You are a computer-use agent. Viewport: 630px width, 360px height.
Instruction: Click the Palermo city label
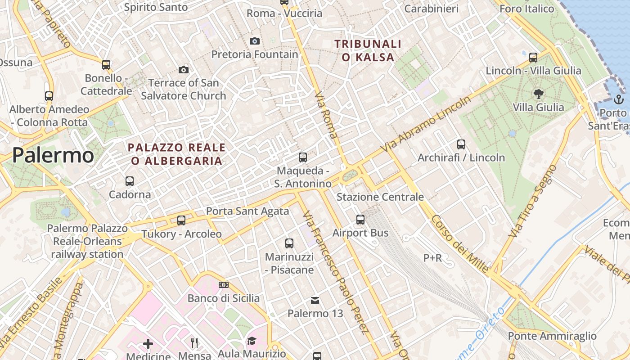(53, 155)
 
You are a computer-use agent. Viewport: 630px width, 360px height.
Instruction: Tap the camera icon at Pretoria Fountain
(255, 41)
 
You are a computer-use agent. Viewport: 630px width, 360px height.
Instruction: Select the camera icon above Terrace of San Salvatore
(183, 70)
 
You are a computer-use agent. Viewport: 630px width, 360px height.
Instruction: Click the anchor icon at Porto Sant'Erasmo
(619, 99)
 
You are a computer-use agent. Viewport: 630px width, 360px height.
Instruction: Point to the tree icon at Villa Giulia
(538, 94)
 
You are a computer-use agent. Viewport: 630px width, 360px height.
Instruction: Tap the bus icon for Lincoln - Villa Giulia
(533, 57)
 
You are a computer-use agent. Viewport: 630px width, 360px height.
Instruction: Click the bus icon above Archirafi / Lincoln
(461, 144)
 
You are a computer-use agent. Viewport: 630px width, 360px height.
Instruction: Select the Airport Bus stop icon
(360, 220)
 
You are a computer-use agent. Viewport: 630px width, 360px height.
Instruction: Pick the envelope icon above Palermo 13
(315, 300)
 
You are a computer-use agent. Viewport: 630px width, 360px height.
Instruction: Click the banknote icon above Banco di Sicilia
(223, 285)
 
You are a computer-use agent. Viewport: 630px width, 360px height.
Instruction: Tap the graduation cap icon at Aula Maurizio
(252, 341)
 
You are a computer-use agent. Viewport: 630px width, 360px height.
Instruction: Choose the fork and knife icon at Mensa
(194, 343)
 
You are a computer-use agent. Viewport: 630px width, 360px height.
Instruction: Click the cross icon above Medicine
(148, 344)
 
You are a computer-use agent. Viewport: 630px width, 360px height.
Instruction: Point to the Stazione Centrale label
(380, 197)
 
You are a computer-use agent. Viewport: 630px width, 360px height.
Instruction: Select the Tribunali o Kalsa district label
(368, 50)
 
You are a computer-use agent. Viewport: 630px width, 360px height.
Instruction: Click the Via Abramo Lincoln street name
(426, 123)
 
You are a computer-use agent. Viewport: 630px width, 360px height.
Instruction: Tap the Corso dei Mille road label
(459, 243)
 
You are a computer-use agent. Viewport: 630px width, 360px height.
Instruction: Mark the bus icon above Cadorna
(130, 181)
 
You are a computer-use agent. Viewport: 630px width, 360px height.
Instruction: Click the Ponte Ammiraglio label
(552, 336)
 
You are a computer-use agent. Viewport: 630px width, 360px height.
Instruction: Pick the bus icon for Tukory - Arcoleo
(181, 220)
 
